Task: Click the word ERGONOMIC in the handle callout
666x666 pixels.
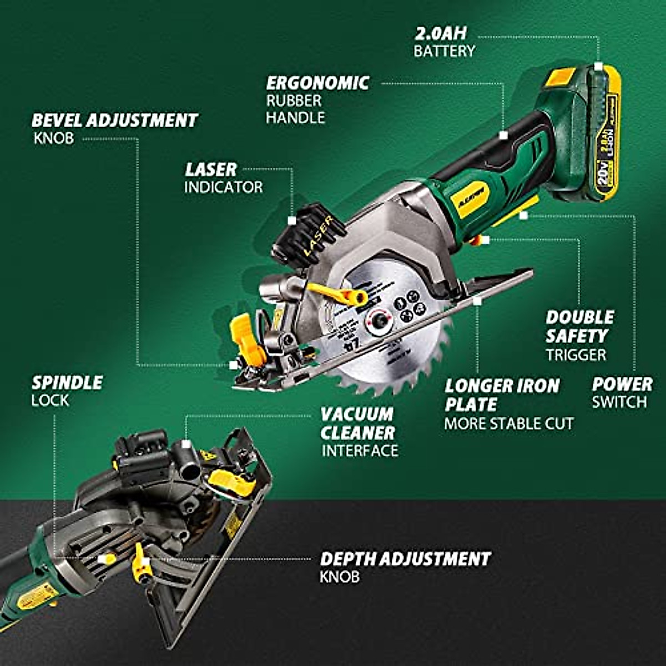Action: (317, 83)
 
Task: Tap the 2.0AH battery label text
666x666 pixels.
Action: (441, 33)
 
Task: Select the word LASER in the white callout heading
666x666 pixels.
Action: (211, 169)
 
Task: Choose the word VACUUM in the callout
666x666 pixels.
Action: (356, 414)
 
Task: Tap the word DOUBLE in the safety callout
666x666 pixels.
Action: (579, 317)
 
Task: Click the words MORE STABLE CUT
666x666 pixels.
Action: (508, 424)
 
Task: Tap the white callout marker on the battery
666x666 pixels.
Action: (598, 66)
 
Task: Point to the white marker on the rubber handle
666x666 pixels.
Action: (503, 135)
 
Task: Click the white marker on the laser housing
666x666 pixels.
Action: (292, 220)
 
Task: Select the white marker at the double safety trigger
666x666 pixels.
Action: (485, 240)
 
